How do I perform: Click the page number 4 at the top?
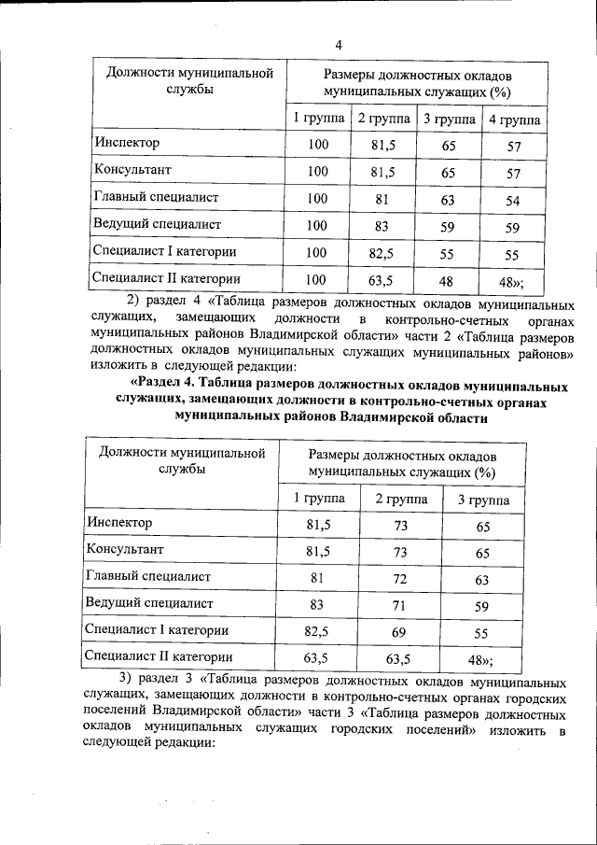339,45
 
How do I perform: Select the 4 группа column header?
514,119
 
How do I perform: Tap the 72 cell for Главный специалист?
401,578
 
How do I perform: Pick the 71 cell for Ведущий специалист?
401,604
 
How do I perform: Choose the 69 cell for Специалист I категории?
401,632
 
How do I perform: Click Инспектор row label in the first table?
127,143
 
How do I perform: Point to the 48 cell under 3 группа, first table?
448,279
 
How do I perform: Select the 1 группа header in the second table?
319,499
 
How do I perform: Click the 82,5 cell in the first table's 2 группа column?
384,253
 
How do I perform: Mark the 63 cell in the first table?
448,199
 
